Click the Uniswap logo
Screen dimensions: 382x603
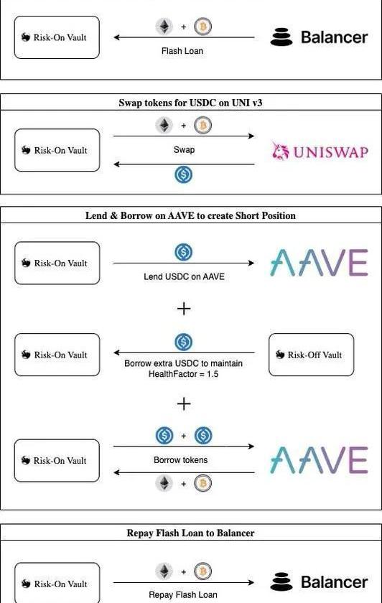pos(320,151)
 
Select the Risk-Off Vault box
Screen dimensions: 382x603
pos(311,355)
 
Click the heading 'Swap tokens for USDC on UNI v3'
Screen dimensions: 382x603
pos(190,103)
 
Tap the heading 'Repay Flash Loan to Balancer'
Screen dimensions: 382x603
pos(190,533)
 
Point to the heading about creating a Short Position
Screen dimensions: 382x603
pos(190,215)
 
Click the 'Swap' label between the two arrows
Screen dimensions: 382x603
pos(184,149)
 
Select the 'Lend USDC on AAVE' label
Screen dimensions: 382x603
pos(184,276)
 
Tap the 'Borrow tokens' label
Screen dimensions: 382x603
pos(180,460)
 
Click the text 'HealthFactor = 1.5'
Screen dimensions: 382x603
pos(183,374)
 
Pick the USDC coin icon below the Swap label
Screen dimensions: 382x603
pos(184,174)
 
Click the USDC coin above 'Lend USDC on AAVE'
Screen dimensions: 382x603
pos(184,252)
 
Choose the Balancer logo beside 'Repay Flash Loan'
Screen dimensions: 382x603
pos(319,582)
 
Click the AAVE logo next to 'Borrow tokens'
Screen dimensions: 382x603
pos(319,460)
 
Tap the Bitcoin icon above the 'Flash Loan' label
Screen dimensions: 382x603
pos(202,27)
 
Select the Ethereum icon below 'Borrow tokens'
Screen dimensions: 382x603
pos(164,483)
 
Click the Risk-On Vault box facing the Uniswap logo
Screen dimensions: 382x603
pos(57,150)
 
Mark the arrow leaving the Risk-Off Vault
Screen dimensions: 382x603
pos(184,352)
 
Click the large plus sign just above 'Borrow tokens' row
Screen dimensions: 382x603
pos(184,403)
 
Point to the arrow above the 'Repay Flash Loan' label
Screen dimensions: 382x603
pos(184,582)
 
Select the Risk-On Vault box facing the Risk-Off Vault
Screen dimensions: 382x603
pos(57,355)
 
